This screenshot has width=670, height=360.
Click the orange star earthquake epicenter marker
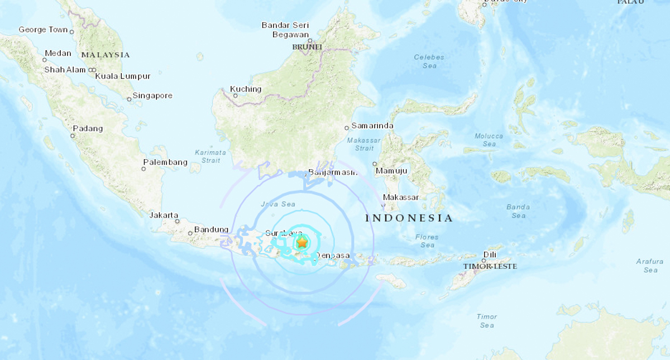(301, 243)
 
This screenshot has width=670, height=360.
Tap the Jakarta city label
(164, 215)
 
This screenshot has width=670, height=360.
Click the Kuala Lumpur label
(123, 76)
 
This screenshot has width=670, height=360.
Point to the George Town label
(43, 30)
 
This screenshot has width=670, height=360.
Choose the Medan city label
(58, 54)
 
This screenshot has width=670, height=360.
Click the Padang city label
(88, 128)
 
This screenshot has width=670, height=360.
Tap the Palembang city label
(165, 162)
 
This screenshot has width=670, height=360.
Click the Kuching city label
(246, 89)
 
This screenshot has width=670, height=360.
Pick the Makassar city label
(400, 198)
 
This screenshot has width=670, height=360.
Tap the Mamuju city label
(391, 171)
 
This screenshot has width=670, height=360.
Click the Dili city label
(490, 255)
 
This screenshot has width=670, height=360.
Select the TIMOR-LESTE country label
(489, 267)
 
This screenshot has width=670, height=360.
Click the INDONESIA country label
(409, 218)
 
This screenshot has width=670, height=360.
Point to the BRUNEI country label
(307, 47)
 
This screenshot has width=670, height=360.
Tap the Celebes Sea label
(429, 61)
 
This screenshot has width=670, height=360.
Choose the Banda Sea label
(518, 211)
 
